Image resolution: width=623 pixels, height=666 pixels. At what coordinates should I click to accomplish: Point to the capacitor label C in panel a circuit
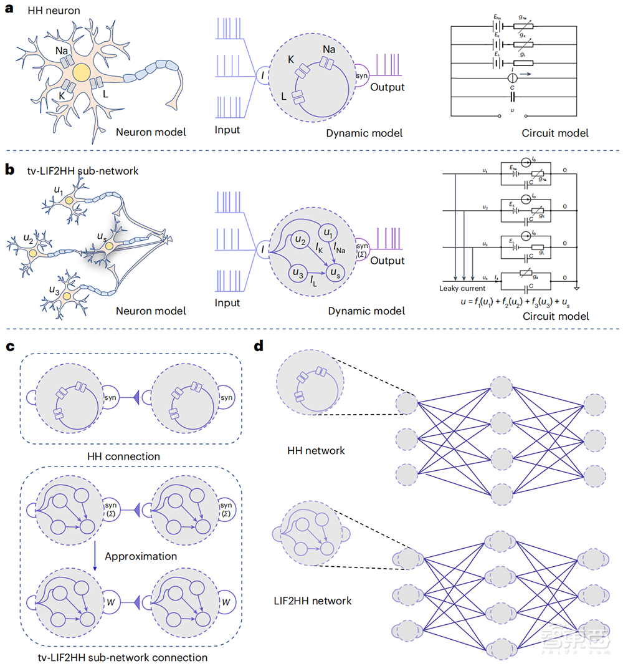512,89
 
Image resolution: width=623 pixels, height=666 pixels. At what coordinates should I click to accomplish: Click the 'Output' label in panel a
387,87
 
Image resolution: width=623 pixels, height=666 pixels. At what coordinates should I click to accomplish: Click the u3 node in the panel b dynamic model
297,273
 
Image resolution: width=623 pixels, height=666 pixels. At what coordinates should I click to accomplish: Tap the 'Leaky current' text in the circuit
462,288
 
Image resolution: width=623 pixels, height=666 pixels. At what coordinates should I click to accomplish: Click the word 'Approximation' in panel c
141,556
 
